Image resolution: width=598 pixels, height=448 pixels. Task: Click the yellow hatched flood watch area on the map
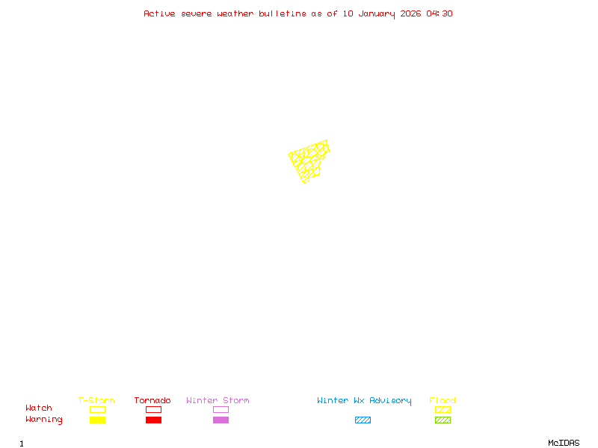tap(307, 161)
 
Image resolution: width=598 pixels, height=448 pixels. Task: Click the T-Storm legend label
tap(96, 401)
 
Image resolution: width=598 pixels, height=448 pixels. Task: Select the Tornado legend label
tap(152, 401)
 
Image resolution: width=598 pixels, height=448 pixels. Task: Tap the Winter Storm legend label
tap(218, 401)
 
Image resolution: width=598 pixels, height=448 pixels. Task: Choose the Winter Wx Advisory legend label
tap(364, 401)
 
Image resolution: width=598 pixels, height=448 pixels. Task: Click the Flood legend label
tap(443, 401)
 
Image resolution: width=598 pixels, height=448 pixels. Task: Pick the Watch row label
tap(39, 408)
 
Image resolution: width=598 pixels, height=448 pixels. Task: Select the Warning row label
tap(44, 420)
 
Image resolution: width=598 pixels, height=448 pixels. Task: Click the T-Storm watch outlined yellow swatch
tap(97, 409)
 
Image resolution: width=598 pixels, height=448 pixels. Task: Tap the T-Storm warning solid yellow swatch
tap(97, 420)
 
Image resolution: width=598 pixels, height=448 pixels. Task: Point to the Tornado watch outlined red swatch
tap(153, 409)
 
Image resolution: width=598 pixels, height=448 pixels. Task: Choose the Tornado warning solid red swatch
tap(153, 420)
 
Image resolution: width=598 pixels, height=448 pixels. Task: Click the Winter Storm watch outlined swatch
tap(221, 409)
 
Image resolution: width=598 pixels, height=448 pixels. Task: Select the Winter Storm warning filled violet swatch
tap(221, 420)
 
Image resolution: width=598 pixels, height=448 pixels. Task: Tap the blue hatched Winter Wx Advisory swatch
tap(363, 420)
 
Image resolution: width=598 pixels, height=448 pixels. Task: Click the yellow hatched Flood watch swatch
tap(443, 409)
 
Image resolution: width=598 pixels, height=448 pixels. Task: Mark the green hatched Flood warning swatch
tap(443, 420)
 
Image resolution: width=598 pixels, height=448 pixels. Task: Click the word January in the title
tap(376, 13)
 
